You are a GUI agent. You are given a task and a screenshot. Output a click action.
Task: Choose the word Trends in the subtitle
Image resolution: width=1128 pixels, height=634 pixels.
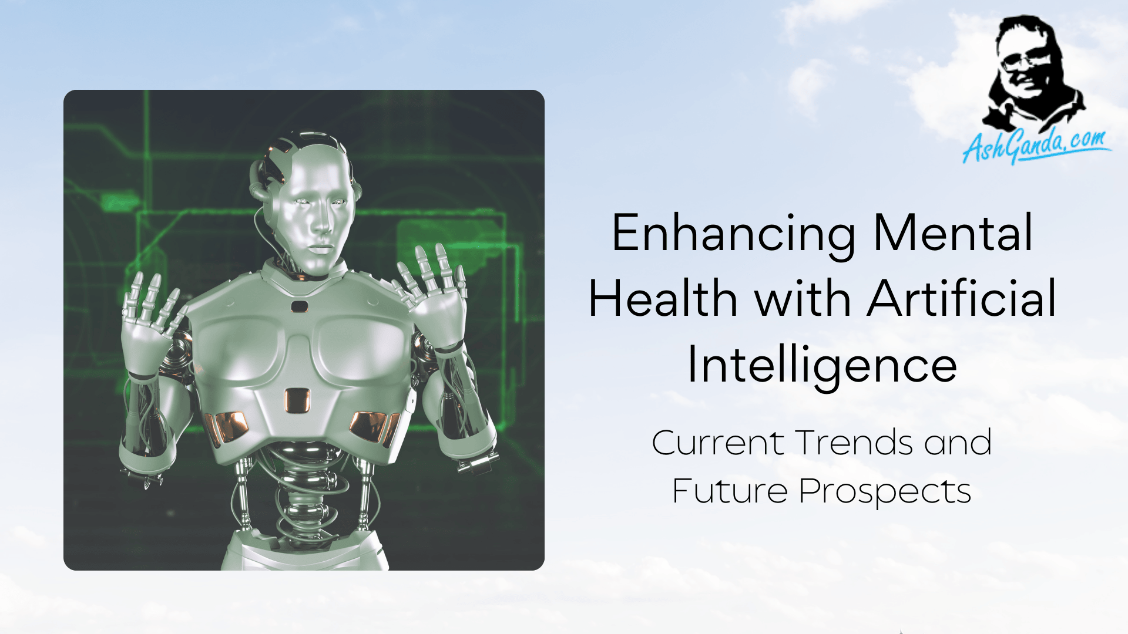[854, 443]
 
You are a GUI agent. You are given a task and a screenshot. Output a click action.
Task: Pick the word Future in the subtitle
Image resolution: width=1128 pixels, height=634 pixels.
[729, 491]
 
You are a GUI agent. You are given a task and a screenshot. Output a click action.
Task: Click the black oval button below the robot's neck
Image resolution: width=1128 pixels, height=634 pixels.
[299, 306]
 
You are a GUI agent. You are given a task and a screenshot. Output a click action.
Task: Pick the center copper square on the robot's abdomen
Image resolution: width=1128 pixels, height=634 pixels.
[297, 400]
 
